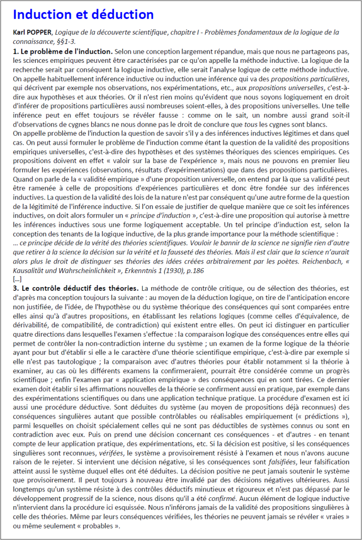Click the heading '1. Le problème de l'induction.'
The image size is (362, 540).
63,52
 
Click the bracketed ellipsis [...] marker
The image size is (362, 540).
17,278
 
